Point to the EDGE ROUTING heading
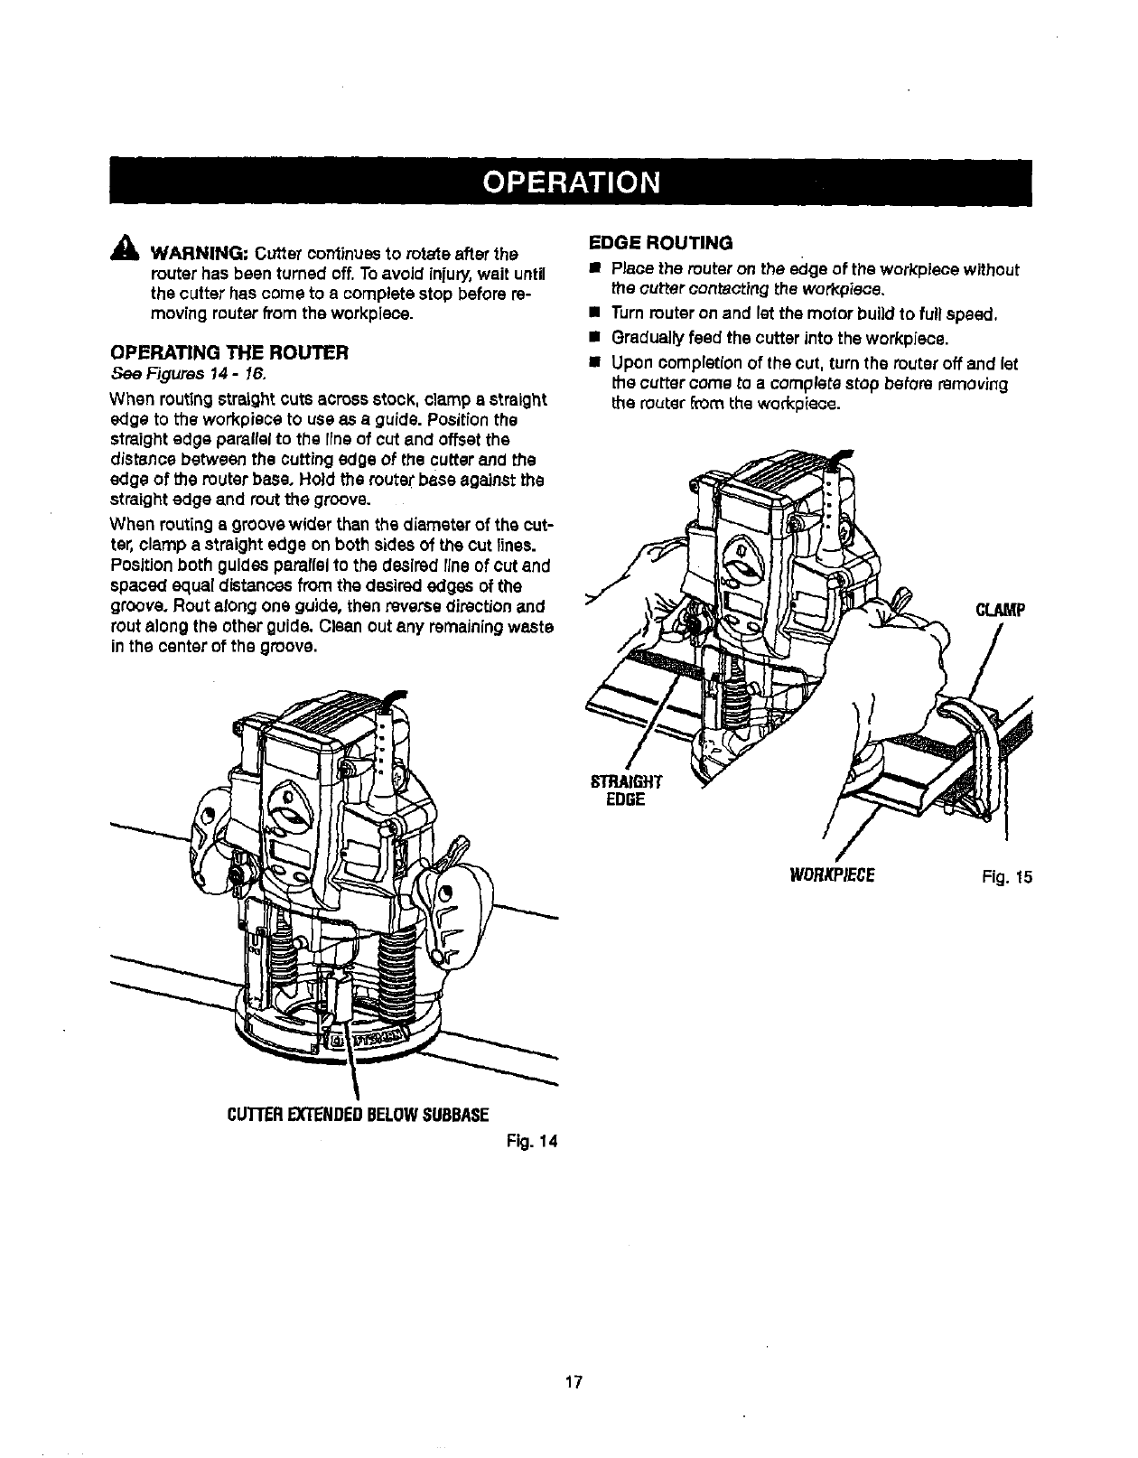pyautogui.click(x=660, y=242)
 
